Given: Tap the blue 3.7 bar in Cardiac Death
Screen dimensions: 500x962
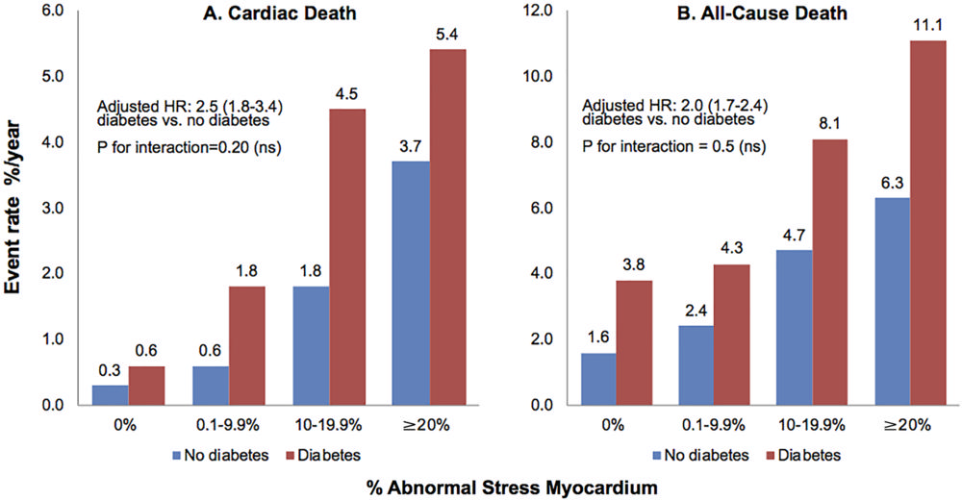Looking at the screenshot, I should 411,283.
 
